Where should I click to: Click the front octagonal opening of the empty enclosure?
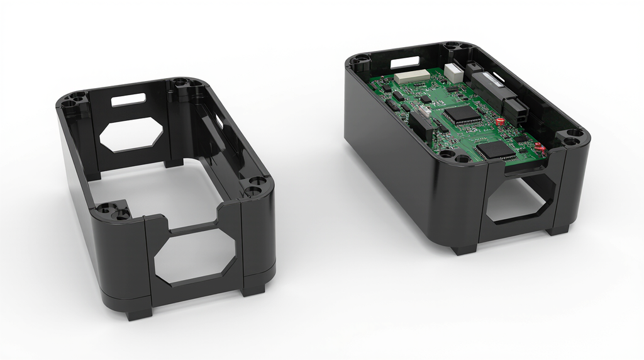pyautogui.click(x=195, y=257)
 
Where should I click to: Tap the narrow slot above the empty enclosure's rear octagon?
pyautogui.click(x=128, y=99)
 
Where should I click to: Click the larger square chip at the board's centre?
pyautogui.click(x=462, y=115)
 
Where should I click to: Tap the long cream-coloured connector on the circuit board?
pyautogui.click(x=412, y=76)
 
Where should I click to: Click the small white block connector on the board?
pyautogui.click(x=453, y=71)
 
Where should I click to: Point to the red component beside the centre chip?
pyautogui.click(x=501, y=120)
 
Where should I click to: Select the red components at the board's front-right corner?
pyautogui.click(x=540, y=148)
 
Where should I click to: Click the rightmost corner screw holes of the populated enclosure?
pyautogui.click(x=572, y=137)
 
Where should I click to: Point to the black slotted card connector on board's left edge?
pyautogui.click(x=420, y=125)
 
